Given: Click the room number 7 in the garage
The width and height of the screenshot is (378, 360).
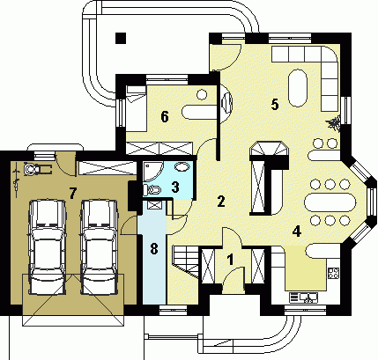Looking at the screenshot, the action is tap(72, 194).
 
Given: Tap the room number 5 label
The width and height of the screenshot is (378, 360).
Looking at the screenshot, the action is tap(275, 105).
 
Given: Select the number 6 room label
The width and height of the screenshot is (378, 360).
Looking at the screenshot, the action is tap(165, 117).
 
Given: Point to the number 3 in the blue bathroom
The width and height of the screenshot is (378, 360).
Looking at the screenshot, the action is tap(175, 187).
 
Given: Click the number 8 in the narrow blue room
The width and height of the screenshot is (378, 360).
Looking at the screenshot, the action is tap(154, 249).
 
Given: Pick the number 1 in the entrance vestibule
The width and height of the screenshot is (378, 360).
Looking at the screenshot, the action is tap(231, 260).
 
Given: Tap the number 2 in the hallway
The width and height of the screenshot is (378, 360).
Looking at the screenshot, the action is tap(221, 202).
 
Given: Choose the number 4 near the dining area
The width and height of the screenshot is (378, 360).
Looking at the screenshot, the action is tap(297, 231).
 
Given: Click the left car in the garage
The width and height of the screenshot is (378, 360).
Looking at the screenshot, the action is tap(47, 247).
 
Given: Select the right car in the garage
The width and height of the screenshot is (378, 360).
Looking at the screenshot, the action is tap(100, 247).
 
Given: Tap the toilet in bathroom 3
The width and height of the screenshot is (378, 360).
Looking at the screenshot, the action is tap(152, 189).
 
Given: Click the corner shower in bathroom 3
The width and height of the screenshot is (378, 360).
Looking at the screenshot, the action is tap(153, 172).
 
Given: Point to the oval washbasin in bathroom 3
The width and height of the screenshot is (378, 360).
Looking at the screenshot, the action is tap(182, 167).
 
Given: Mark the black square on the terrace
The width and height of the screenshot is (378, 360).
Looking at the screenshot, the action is tap(121, 38).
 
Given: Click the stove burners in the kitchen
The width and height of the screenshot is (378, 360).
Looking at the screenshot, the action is tap(334, 273).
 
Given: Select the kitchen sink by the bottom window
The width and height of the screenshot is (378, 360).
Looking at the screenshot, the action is tap(303, 298).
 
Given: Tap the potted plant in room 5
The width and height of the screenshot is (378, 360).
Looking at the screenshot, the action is tap(333, 124).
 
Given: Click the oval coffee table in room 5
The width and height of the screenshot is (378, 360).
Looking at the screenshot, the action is tap(298, 88).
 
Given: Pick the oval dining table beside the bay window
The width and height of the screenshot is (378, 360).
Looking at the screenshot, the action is tap(330, 202).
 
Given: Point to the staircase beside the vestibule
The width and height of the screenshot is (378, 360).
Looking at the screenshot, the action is tap(186, 261).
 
